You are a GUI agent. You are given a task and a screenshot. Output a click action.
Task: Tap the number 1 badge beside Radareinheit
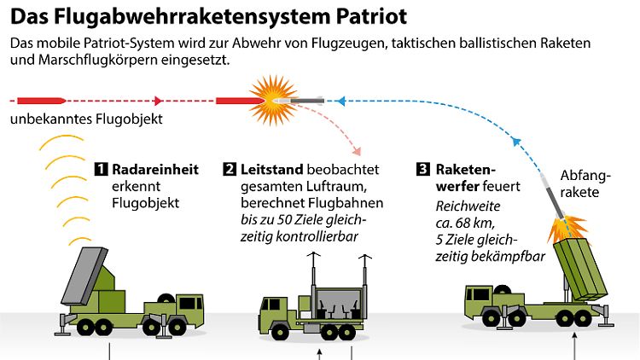click(102, 169)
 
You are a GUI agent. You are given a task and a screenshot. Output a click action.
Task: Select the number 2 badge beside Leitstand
click(229, 169)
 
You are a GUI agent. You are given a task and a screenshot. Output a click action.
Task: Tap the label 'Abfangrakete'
click(585, 184)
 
